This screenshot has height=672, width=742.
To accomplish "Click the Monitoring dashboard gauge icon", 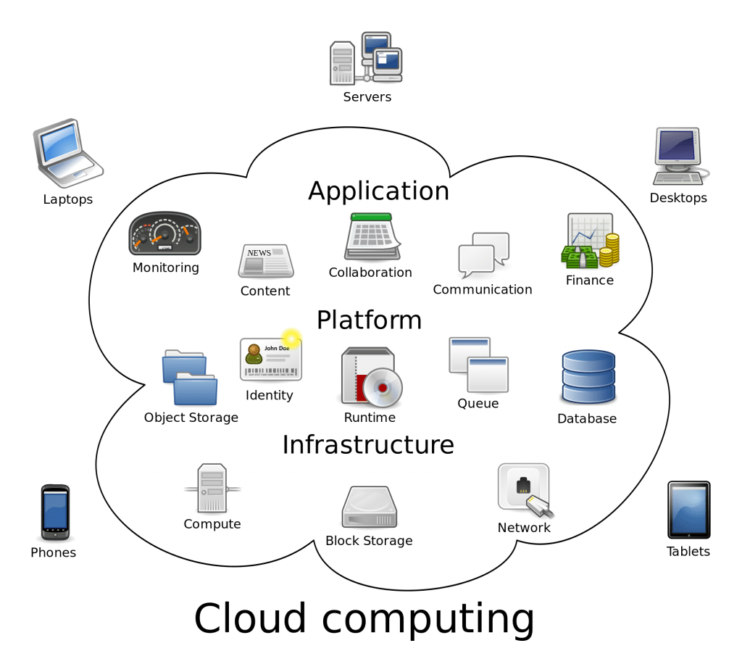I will [x=164, y=234].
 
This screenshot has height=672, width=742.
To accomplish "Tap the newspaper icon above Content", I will [x=265, y=262].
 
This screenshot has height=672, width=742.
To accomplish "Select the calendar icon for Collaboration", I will [x=372, y=238].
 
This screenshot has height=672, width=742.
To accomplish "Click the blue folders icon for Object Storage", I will [x=190, y=378].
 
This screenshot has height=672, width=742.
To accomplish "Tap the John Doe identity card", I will [x=270, y=359].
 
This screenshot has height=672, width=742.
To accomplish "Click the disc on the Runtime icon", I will [x=382, y=387].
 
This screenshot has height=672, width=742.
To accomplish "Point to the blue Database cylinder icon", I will [x=588, y=377].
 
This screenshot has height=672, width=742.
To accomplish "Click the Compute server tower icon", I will [x=212, y=489].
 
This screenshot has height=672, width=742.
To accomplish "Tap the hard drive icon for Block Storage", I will [x=369, y=508].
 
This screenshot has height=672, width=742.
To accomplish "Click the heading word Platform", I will [x=369, y=320].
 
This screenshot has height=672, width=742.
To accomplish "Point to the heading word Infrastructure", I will [x=368, y=444].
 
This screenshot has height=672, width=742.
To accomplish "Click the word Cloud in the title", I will [x=251, y=618].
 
